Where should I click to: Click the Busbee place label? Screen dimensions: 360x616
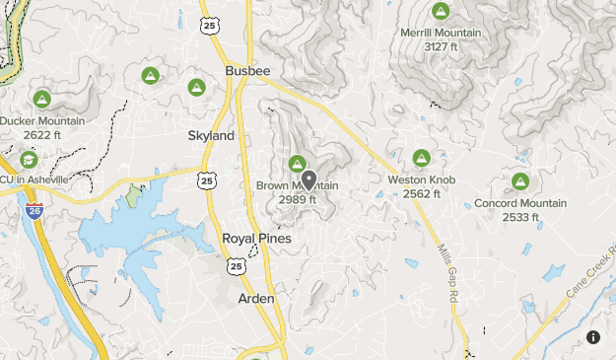247,71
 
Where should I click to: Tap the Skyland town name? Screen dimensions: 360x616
211,135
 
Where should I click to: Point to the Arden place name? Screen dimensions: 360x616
256,297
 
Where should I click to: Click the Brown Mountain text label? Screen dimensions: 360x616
297,186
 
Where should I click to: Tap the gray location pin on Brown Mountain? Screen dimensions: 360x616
308,180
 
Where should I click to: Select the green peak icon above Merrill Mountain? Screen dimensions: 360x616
441,13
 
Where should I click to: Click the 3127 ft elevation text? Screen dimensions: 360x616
441,46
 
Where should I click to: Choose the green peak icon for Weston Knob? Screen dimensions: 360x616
422,158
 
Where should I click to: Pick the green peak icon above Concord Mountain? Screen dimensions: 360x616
520,181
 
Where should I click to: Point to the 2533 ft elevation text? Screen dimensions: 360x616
520,217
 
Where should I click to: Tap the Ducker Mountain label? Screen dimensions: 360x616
42,121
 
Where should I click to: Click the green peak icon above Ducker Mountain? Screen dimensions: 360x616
42,99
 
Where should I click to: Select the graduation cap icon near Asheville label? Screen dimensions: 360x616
29,159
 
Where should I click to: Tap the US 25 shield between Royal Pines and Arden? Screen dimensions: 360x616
236,266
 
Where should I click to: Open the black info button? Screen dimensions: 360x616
593,337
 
